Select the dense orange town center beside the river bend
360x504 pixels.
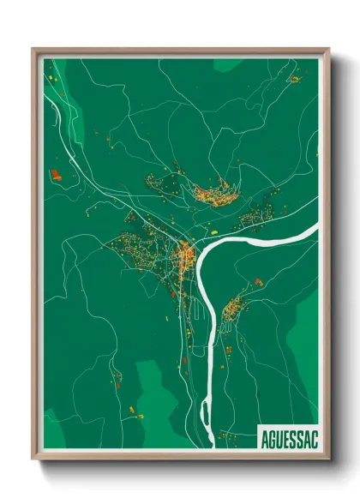click(184, 254)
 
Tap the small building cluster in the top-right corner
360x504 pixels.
click(295, 79)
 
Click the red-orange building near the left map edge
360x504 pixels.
click(57, 175)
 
